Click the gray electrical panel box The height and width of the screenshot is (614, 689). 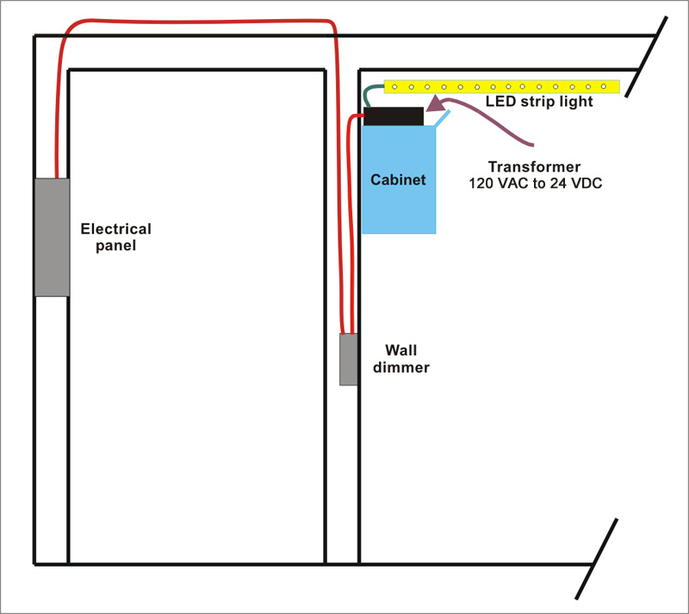tap(52, 237)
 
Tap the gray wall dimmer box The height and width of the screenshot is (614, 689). tap(349, 360)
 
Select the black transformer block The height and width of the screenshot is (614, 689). tap(394, 116)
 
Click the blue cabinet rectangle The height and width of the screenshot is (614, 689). tap(399, 179)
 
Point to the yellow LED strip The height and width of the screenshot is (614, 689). tap(502, 86)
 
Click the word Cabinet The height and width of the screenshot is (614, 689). tap(398, 179)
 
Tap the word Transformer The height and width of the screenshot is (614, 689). tap(534, 166)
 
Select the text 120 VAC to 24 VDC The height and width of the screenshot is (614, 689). tap(535, 183)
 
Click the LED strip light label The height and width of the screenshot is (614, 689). tap(539, 102)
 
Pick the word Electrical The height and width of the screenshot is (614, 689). tap(116, 229)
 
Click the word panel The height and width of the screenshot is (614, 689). tap(116, 246)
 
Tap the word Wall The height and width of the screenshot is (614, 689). tap(401, 350)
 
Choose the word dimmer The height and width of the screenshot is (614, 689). tap(401, 367)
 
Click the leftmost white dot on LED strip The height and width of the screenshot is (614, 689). tap(394, 87)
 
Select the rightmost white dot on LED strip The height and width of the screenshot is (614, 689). tap(604, 86)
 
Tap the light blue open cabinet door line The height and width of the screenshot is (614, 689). tap(442, 119)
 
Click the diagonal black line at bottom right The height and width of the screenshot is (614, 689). tap(597, 559)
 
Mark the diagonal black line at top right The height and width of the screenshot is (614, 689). tap(647, 57)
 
